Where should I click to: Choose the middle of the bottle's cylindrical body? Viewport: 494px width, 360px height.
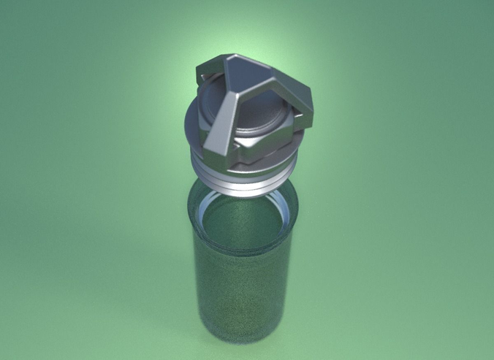tap(241, 292)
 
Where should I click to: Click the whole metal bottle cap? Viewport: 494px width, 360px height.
tap(248, 124)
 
